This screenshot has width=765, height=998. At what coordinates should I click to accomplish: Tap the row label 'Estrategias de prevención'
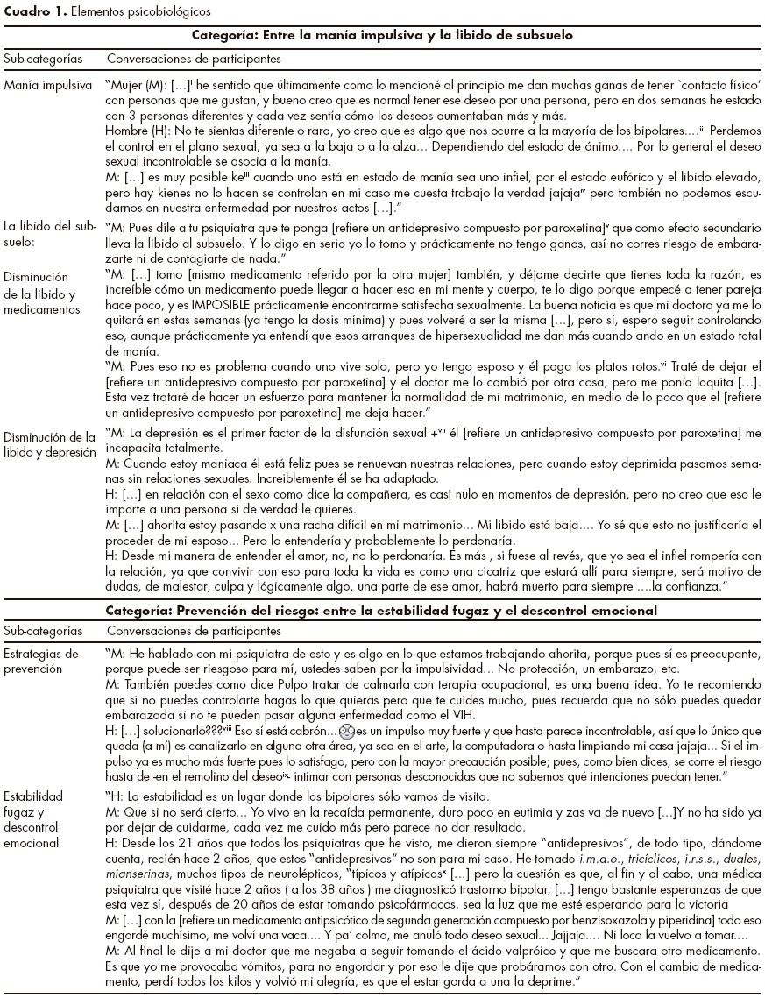click(x=41, y=661)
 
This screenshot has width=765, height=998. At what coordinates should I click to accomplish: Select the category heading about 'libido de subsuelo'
click(x=381, y=37)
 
